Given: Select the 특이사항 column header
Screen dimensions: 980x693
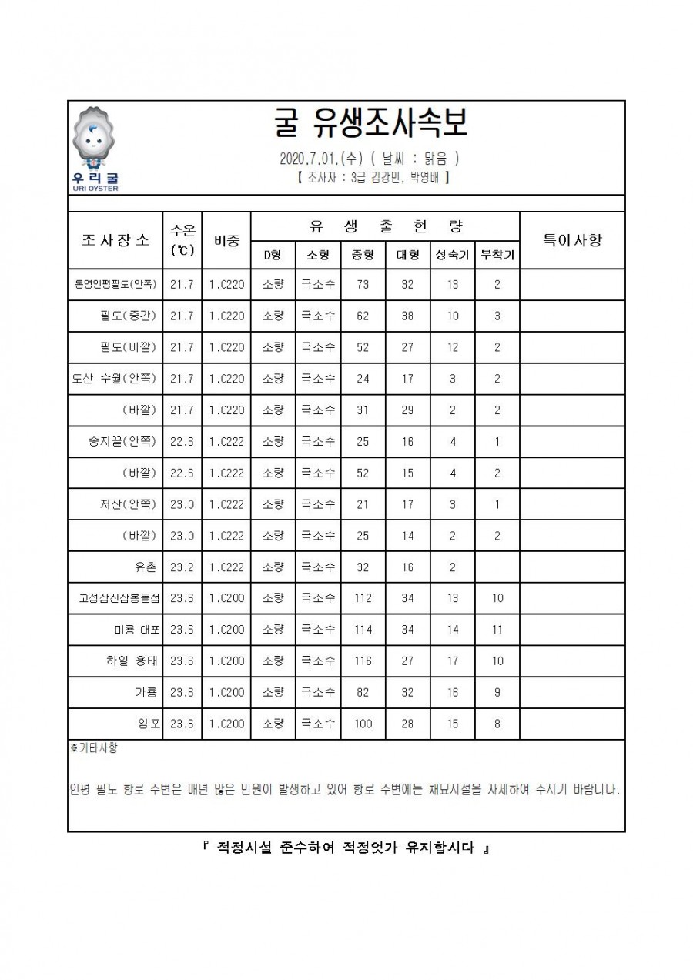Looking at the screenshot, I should point(572,239).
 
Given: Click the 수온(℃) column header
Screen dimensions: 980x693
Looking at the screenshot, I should point(182,239).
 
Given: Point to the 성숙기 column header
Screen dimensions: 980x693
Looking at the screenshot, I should point(452,255).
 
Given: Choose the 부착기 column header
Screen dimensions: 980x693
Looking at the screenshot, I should point(497,255).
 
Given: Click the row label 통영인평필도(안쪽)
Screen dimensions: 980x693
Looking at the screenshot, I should point(115,284).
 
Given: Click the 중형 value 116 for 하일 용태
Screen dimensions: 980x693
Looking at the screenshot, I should point(363,661).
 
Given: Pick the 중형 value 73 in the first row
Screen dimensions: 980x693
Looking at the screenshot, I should point(363,284).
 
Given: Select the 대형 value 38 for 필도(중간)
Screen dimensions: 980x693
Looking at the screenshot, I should point(407,316).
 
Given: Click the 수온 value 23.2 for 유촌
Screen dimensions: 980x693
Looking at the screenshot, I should point(182,567).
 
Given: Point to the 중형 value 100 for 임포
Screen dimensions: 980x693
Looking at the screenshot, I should point(363,724).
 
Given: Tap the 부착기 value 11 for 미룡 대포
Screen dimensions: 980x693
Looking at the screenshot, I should point(497,630).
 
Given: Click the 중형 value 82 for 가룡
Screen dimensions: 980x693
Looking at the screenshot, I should point(363,692).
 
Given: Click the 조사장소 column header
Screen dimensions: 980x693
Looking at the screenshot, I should point(115,239).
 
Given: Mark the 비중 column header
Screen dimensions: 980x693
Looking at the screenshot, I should point(226,239).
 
